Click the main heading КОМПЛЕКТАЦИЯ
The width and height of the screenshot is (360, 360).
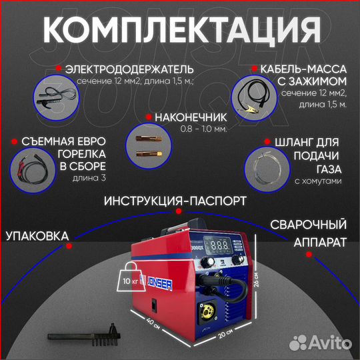(x=179, y=30)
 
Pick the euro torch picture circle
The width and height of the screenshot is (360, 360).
(x=31, y=167)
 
